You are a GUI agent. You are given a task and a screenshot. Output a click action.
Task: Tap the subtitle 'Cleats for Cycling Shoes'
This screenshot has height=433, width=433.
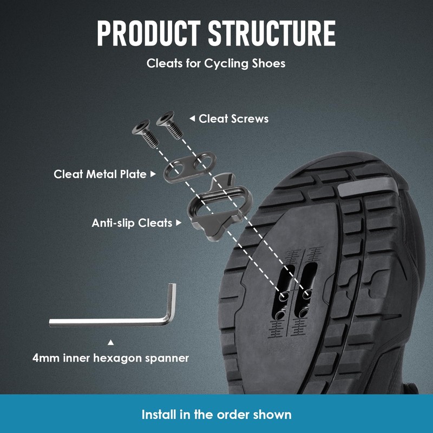pos(216,63)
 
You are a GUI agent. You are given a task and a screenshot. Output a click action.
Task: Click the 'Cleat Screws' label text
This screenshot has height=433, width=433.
pos(233,119)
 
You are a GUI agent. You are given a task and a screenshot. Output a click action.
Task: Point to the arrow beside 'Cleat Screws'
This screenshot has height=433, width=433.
pos(192,119)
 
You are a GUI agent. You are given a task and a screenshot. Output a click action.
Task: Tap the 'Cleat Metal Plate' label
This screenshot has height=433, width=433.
pos(100,174)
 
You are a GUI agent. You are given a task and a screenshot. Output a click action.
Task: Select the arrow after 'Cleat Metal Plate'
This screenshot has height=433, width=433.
pos(153,174)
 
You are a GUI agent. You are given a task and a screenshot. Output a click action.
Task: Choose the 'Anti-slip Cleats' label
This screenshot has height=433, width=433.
pos(132,222)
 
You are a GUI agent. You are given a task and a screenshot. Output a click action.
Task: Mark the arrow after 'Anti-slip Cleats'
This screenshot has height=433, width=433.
pos(179,222)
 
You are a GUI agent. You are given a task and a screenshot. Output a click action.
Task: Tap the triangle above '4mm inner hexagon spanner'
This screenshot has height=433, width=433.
pos(111,342)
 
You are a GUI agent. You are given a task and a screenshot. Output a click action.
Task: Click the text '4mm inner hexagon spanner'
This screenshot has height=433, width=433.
pos(110,358)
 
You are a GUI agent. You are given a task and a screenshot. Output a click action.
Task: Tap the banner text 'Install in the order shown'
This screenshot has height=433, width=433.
pos(216,415)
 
